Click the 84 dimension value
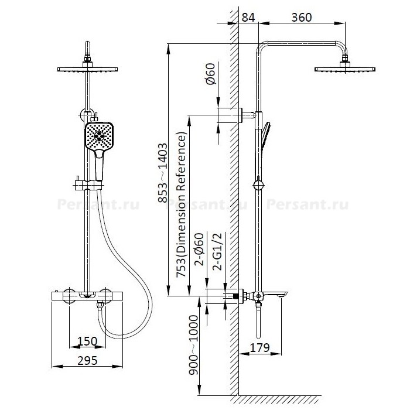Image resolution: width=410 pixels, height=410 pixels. [x=248, y=18]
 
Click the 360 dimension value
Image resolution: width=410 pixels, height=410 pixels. [x=302, y=18]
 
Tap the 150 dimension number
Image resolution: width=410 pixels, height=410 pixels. [x=87, y=341]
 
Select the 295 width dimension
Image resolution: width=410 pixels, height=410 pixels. [x=87, y=361]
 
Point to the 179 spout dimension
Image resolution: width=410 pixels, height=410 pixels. [x=259, y=348]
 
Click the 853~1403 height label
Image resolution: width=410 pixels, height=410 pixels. [x=163, y=173]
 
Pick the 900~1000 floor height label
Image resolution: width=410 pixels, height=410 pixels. [x=193, y=345]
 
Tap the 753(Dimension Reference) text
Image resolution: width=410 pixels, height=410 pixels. [x=182, y=204]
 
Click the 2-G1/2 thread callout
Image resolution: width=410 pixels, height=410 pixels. [x=217, y=251]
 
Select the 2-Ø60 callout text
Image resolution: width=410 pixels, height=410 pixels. [x=199, y=249]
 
